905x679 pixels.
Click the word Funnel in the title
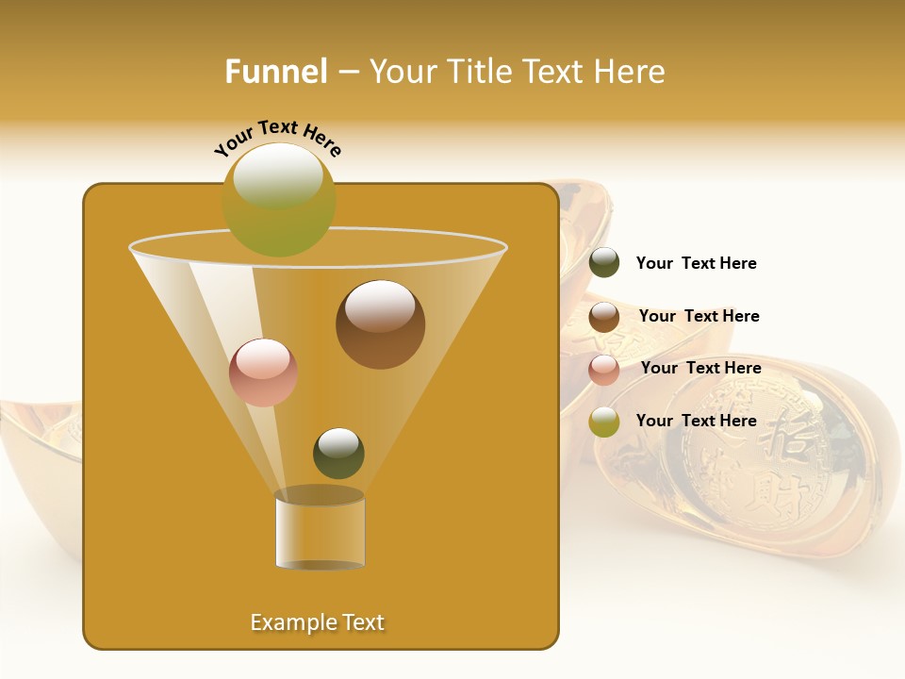click(275, 72)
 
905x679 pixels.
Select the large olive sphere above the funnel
click(279, 200)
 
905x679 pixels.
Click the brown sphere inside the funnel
click(380, 324)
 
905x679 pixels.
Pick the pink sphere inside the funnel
click(263, 373)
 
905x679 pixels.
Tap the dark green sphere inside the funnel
click(338, 454)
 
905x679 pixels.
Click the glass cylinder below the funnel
click(320, 531)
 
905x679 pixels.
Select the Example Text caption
click(318, 622)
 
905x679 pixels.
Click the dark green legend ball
click(604, 263)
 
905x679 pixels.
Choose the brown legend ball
click(604, 317)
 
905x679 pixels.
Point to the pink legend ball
click(604, 370)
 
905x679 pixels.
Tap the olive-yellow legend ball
click(604, 422)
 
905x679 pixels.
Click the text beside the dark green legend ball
click(697, 264)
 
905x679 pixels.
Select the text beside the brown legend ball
click(699, 317)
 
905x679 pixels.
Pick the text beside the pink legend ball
click(701, 369)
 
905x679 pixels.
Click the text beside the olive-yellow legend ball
click(697, 421)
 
